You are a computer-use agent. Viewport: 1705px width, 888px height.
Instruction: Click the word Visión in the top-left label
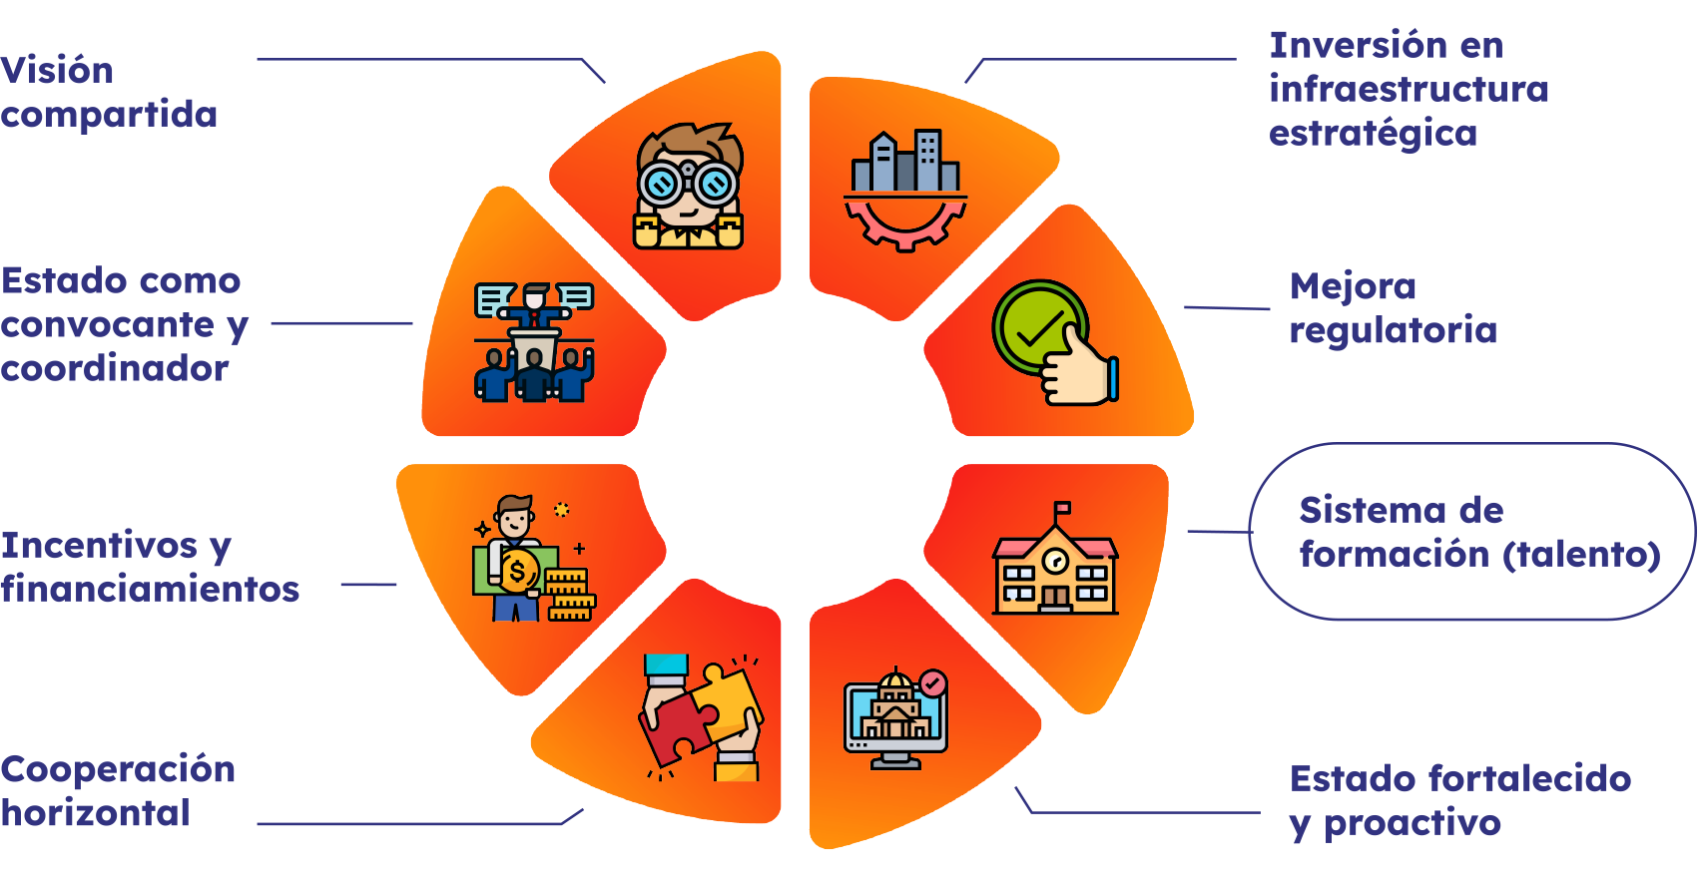tap(57, 71)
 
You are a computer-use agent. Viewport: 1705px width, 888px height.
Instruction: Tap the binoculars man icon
tap(688, 187)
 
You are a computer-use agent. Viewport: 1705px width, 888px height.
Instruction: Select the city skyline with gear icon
tap(905, 190)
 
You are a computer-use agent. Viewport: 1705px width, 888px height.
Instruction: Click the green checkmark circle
tap(1038, 327)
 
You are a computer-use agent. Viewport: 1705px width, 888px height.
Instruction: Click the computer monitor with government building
tap(895, 718)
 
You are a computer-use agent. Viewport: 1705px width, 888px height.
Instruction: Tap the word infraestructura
tap(1409, 90)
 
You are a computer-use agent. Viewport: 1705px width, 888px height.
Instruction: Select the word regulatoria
tap(1393, 330)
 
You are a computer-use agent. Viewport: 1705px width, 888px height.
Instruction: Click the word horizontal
tap(96, 814)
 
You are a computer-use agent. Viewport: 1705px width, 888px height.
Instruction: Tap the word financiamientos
tap(150, 590)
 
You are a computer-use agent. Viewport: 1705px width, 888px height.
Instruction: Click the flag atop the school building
tap(1061, 509)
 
